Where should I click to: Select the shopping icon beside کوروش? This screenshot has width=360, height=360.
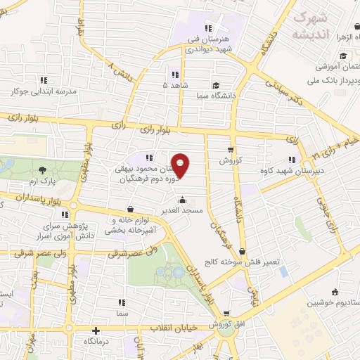point(231,149)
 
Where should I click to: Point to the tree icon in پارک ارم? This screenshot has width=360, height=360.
point(44,169)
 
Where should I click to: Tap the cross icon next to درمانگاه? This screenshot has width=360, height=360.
point(96,330)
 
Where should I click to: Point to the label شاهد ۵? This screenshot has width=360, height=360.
point(175,84)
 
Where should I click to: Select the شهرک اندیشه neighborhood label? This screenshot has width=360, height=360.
point(311,23)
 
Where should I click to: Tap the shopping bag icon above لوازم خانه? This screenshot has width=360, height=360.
point(130,209)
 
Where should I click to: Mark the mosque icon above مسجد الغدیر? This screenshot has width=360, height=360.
point(183,199)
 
